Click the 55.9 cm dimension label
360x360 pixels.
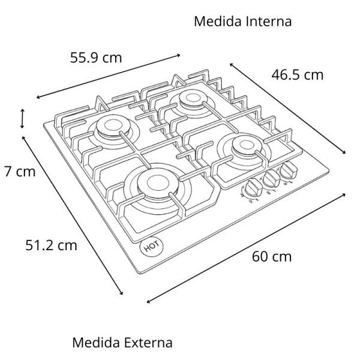96,58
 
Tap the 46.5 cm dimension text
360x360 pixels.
297,75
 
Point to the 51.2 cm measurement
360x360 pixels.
51,245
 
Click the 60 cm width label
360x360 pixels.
272,256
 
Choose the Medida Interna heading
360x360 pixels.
243,22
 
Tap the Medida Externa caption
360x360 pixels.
122,343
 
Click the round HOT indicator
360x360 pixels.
148,247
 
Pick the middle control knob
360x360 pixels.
271,180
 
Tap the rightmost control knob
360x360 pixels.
289,172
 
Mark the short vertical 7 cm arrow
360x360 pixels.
22,118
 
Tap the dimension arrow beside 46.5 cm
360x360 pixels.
288,107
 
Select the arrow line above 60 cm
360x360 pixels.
246,248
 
